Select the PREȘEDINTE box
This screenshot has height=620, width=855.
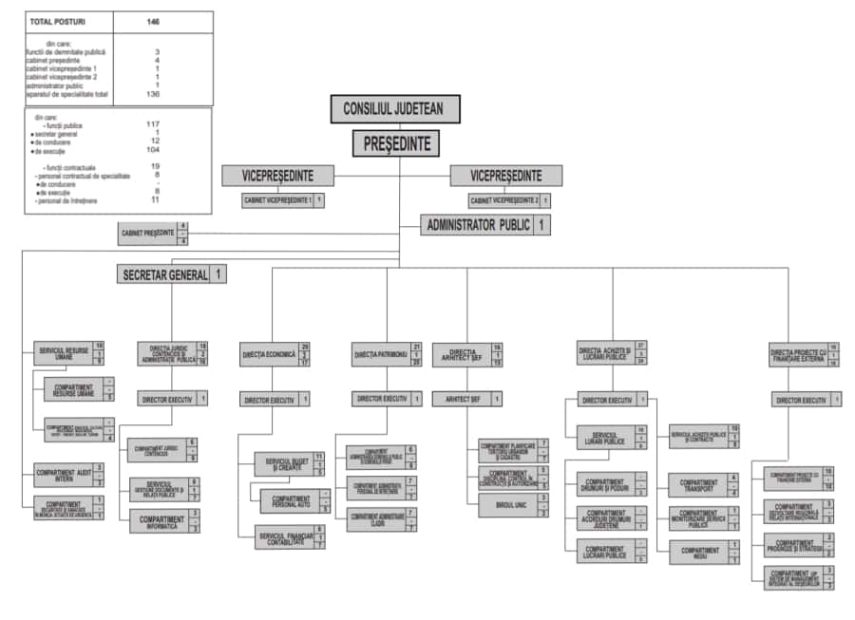click(397, 144)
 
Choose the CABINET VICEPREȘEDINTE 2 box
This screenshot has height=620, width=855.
click(503, 200)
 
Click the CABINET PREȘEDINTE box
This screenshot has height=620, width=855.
click(148, 233)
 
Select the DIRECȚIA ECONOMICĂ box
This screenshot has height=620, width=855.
click(270, 354)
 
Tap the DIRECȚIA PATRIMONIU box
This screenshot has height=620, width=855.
click(381, 354)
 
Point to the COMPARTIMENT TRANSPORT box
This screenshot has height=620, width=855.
click(698, 485)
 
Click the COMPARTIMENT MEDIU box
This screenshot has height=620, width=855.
click(698, 552)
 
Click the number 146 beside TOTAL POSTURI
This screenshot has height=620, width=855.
click(154, 21)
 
